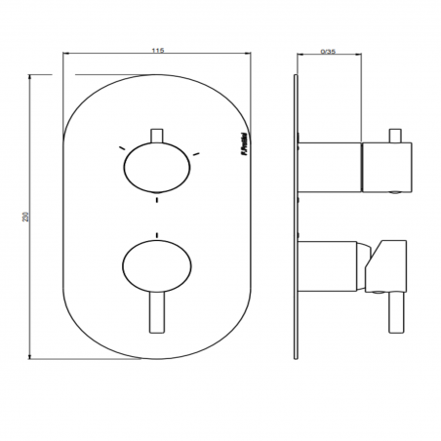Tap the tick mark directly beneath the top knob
tap(156, 200)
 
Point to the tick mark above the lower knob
tap(156, 234)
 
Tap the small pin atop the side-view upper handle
tap(397, 134)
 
